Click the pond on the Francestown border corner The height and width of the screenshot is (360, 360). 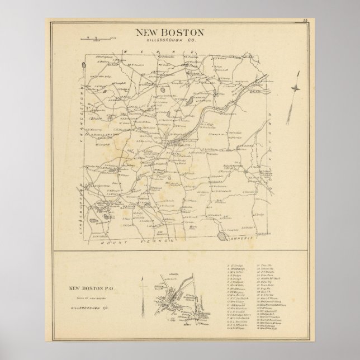pyautogui.click(x=83, y=65)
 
